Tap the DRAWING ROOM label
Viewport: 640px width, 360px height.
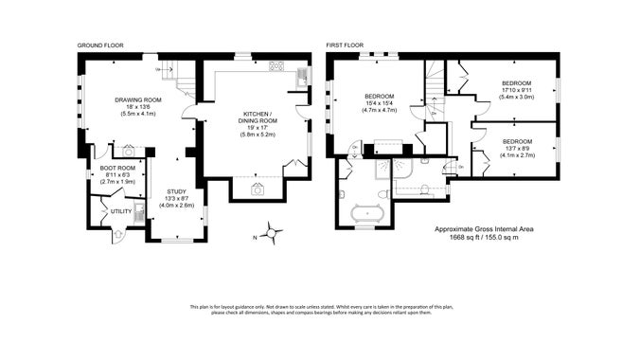139,100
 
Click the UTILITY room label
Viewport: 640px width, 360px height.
120,211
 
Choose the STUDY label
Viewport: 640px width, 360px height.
176,191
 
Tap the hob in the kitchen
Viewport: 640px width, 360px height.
277,66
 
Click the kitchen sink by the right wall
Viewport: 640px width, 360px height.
302,74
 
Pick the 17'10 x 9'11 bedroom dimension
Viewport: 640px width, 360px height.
517,90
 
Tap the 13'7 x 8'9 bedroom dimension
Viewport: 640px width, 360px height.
517,147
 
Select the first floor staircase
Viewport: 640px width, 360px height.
435,95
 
